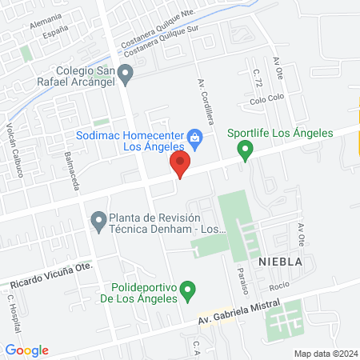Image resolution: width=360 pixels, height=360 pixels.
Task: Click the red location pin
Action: click(x=180, y=166)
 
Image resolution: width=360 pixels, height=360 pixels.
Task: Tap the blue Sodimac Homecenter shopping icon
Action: click(x=194, y=138)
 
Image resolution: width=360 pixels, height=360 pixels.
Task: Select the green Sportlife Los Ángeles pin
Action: click(x=246, y=148)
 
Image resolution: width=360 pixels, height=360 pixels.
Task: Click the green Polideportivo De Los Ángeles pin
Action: click(x=188, y=288)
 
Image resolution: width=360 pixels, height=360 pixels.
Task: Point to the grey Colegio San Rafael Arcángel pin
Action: click(x=126, y=75)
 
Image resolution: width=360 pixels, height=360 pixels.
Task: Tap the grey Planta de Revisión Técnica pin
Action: click(x=98, y=219)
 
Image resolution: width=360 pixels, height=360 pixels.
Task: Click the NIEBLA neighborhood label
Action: click(x=279, y=261)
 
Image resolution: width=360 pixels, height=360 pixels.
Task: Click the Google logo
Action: click(x=27, y=350)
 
